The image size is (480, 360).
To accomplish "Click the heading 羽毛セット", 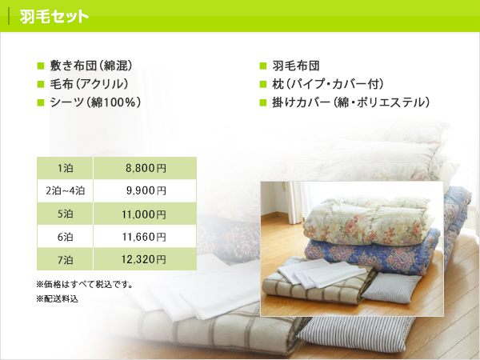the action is (x=54, y=16).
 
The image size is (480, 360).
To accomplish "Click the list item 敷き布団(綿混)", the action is (x=91, y=66).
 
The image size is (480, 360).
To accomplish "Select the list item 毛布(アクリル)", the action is (x=89, y=84).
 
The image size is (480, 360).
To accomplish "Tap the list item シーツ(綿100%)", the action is (x=95, y=102).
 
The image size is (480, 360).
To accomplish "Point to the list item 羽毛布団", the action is (x=296, y=66).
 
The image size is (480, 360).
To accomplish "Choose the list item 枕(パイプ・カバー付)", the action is (x=327, y=84).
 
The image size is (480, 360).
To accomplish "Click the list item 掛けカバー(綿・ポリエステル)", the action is (x=351, y=102).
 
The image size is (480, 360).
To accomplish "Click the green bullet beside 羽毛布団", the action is (x=263, y=66).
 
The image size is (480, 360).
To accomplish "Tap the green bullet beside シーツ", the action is (x=41, y=102).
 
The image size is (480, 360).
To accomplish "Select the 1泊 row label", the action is (x=66, y=168).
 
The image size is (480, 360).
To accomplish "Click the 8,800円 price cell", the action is (x=145, y=168).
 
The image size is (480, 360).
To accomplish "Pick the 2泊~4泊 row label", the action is (x=66, y=190).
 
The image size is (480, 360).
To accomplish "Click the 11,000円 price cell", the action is (x=145, y=214).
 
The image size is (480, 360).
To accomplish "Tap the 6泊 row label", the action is (x=66, y=237).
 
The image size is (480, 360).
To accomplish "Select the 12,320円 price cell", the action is (x=145, y=259).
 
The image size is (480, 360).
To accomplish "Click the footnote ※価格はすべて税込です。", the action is (x=85, y=285).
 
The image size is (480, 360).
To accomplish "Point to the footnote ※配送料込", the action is (x=58, y=298).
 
